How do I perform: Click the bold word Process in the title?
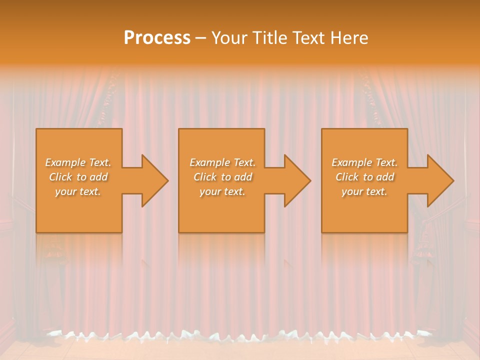click(157, 38)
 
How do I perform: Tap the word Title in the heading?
click(269, 38)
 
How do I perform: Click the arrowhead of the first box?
click(152, 180)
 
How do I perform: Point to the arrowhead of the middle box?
click(295, 180)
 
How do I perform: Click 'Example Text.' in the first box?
click(78, 162)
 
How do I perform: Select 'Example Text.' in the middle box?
click(222, 162)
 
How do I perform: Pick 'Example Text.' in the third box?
click(364, 162)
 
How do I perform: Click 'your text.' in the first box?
click(78, 191)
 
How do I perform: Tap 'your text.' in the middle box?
click(222, 191)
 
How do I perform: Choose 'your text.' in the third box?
click(364, 191)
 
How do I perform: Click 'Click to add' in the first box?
click(78, 177)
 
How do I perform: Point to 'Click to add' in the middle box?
click(222, 177)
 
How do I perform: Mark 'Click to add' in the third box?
click(365, 177)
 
